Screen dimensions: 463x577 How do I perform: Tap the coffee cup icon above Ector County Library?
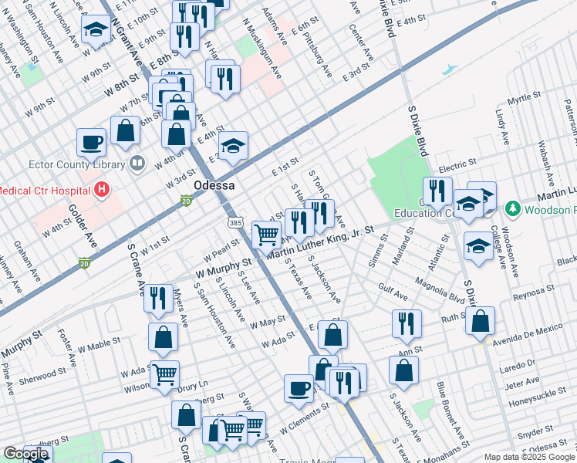point(91,142)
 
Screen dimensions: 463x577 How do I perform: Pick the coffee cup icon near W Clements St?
point(299,389)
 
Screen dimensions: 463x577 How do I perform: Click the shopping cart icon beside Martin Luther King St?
point(266,233)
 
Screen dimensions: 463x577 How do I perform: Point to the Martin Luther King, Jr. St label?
point(320,242)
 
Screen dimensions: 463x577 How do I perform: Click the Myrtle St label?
point(523,98)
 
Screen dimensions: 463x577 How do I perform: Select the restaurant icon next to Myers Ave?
point(158,297)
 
